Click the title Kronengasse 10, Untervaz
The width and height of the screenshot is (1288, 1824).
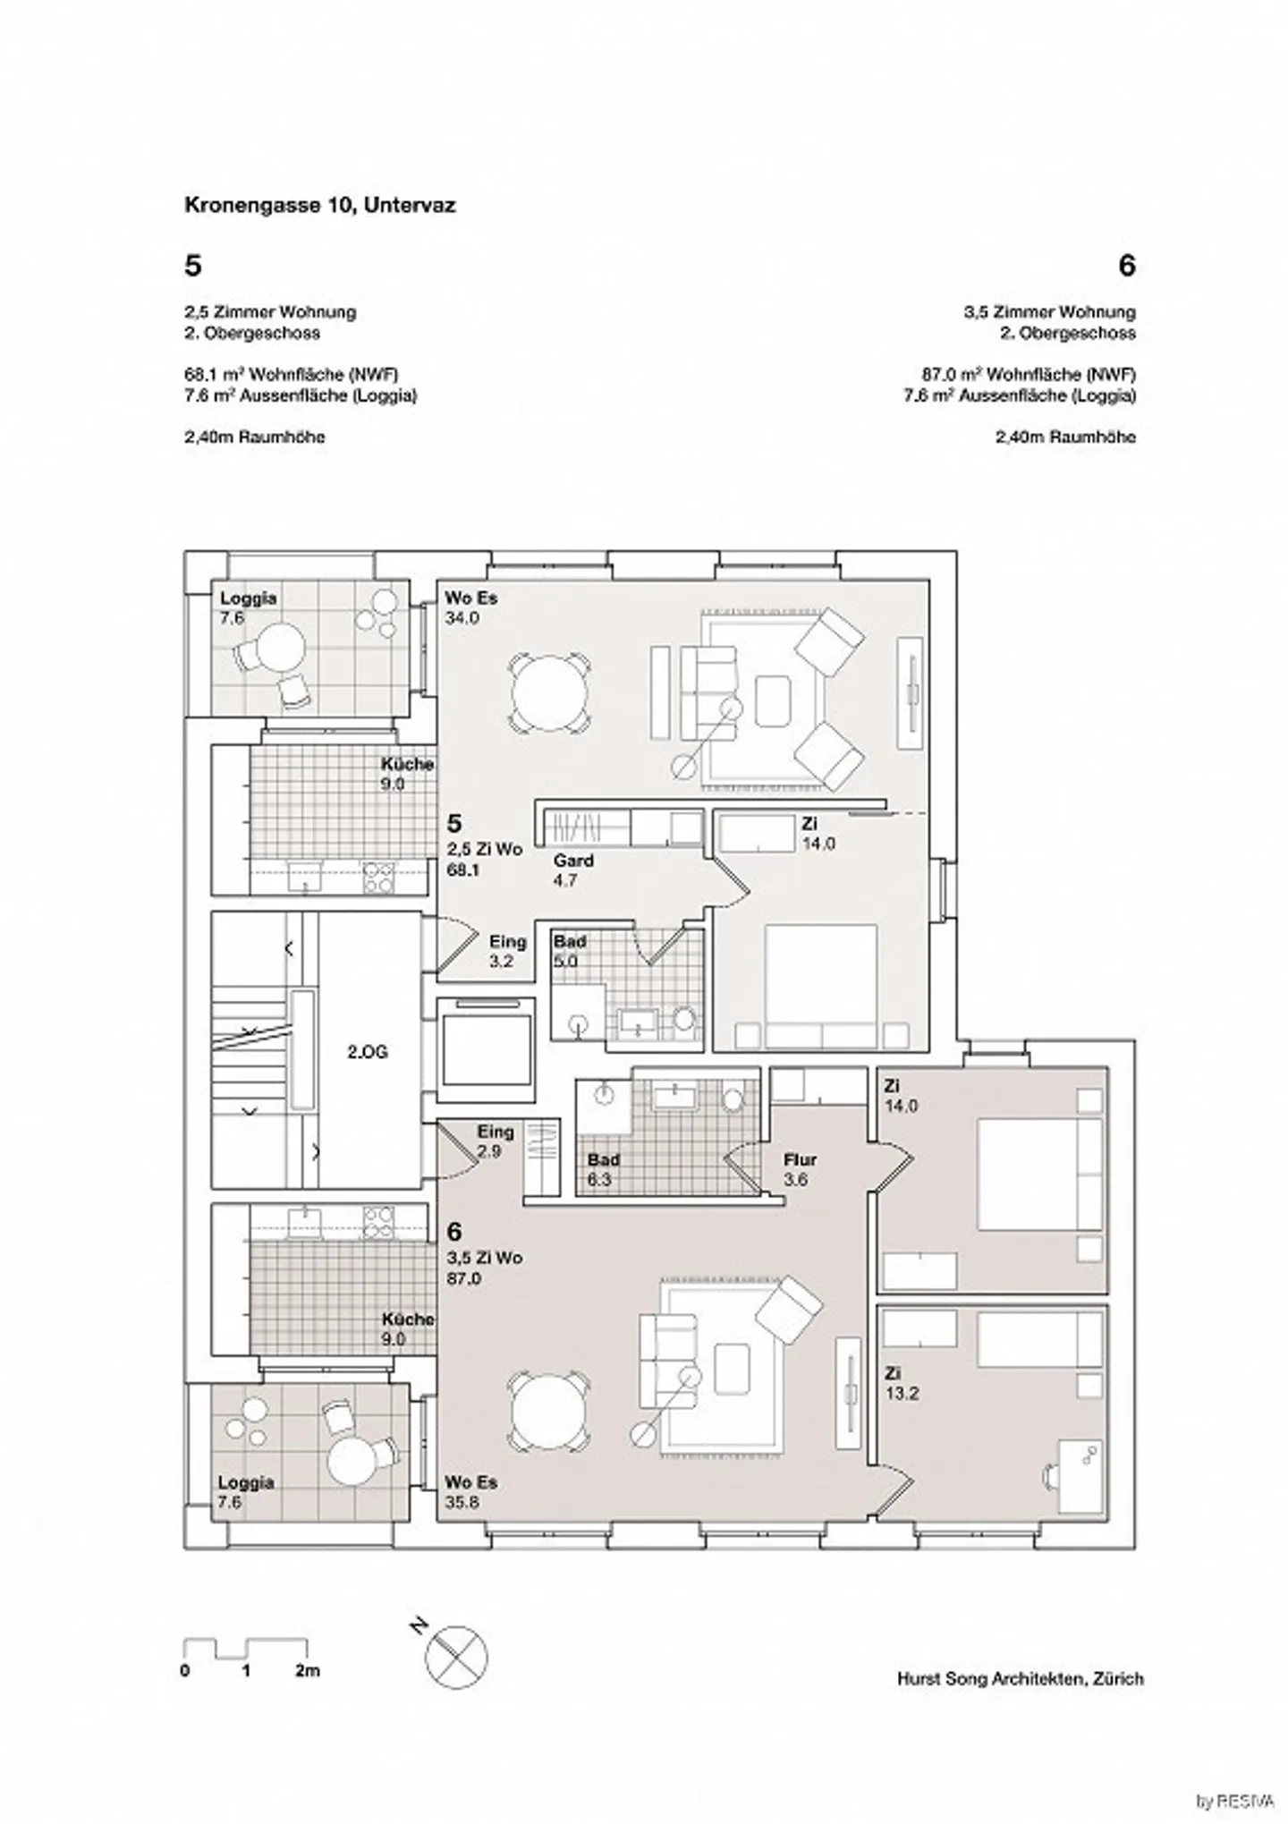click(x=319, y=205)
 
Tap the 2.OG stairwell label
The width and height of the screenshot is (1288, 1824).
click(x=367, y=1052)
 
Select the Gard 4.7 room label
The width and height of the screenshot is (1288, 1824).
click(x=572, y=870)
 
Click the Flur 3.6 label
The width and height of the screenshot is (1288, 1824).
click(x=800, y=1169)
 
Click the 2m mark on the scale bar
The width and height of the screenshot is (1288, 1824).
click(x=307, y=1670)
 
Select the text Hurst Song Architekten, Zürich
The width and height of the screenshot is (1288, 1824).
click(x=1020, y=1679)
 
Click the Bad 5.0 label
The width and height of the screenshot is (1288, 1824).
click(x=569, y=951)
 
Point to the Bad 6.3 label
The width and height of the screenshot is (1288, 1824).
click(x=603, y=1169)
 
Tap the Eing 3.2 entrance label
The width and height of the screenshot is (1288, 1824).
click(x=507, y=951)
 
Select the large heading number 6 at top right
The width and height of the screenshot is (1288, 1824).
click(x=1126, y=266)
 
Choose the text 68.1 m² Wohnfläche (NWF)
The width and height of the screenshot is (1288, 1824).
click(x=291, y=374)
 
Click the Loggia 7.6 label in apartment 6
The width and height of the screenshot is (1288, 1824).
click(x=245, y=1492)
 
